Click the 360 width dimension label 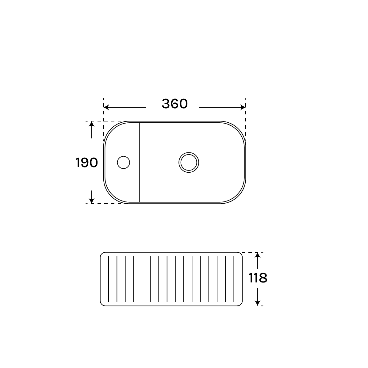tap(175, 104)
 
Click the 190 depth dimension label tap(87, 163)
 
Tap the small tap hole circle tap(124, 163)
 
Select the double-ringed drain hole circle tap(189, 163)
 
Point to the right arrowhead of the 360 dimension tap(243, 107)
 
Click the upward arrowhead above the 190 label tap(92, 124)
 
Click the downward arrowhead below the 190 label tap(92, 201)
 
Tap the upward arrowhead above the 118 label tap(258, 255)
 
